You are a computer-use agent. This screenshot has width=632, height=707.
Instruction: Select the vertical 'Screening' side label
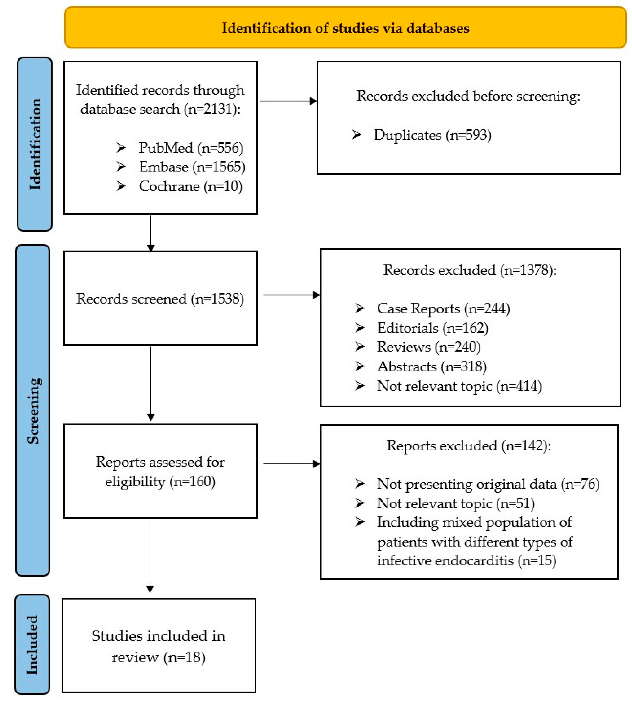click(x=33, y=411)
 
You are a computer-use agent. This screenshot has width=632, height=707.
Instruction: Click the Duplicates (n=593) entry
click(x=432, y=135)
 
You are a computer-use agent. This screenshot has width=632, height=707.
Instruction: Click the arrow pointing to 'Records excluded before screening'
click(x=288, y=101)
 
